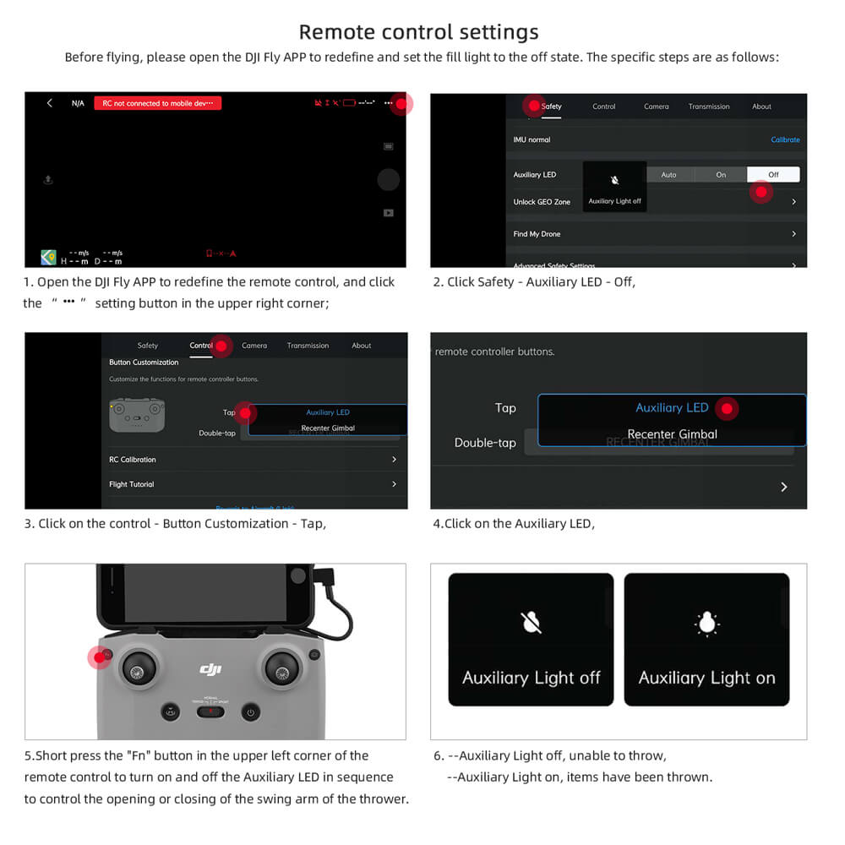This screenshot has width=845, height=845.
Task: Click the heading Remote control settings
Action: (418, 32)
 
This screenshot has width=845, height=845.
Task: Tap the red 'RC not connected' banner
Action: (157, 103)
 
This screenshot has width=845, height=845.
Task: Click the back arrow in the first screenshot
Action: (50, 103)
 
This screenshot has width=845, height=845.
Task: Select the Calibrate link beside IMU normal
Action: (784, 139)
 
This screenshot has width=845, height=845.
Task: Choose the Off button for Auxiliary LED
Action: (772, 175)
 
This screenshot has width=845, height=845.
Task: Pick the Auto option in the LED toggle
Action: (668, 175)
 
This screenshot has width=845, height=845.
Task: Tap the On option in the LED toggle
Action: (721, 175)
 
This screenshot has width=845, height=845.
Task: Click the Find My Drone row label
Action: (537, 234)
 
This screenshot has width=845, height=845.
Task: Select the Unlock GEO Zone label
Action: (542, 202)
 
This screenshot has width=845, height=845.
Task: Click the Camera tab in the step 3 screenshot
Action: (254, 346)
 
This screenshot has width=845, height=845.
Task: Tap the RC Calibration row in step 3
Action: (133, 460)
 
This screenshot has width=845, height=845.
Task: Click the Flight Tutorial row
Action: (132, 484)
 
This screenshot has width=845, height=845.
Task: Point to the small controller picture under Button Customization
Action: (137, 414)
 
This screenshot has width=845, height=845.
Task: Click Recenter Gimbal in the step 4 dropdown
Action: (672, 434)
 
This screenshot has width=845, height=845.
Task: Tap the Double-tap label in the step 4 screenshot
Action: (485, 443)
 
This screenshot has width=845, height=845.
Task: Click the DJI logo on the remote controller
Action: (210, 669)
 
